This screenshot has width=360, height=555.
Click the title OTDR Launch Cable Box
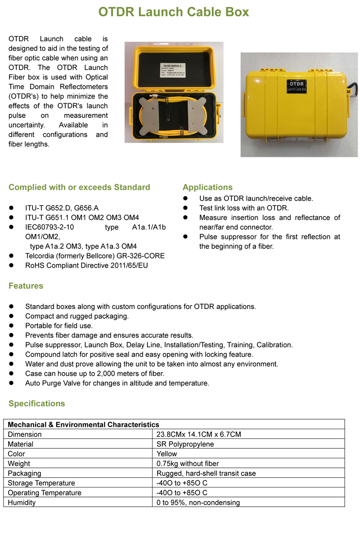point(174,12)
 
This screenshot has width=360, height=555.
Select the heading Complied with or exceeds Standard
point(79,187)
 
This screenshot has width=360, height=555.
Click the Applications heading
point(207,187)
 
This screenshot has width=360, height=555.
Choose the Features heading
point(26,286)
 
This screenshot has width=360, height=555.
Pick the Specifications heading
point(36,403)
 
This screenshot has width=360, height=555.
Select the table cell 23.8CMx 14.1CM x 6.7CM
point(198,434)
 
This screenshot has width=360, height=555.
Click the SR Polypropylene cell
point(185,444)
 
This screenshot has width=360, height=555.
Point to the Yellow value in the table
point(166,454)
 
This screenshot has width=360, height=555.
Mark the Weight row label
point(19,463)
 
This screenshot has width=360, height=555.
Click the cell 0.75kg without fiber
point(188,463)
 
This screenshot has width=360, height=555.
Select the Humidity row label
point(22,502)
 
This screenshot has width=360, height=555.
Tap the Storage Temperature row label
point(41,483)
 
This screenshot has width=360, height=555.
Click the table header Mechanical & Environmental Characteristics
point(84,425)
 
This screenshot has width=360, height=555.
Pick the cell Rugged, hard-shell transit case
point(206,473)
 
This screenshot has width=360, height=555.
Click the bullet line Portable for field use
point(59,326)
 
